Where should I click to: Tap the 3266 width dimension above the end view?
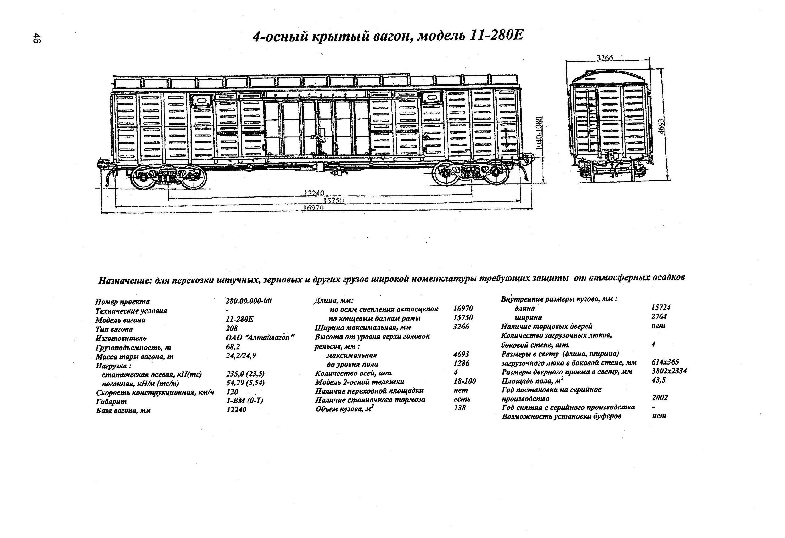click(x=605, y=58)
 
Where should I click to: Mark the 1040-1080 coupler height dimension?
click(x=540, y=133)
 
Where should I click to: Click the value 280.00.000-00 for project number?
click(x=248, y=301)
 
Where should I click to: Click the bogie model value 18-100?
click(x=464, y=381)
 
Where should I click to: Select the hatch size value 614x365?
click(x=665, y=362)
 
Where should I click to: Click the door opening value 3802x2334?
click(x=669, y=371)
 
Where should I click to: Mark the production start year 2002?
click(x=660, y=398)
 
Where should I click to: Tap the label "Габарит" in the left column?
click(x=111, y=401)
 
